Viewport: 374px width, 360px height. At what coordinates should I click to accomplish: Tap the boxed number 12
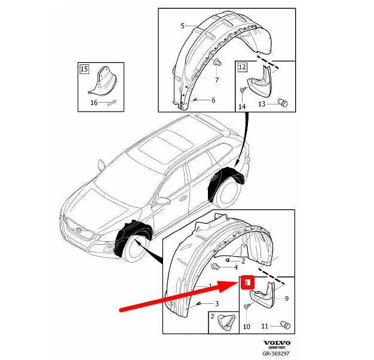coord(241,67)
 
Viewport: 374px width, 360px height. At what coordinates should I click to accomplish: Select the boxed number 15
coord(84,69)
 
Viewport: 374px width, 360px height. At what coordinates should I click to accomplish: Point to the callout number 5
coord(183,26)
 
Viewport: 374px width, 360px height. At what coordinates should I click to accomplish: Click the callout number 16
coord(94,103)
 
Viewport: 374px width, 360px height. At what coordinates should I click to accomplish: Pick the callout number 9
coord(287,299)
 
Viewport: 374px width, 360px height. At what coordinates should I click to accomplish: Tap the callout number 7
coord(216,79)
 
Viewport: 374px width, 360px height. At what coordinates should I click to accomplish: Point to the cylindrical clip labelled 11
coord(285,325)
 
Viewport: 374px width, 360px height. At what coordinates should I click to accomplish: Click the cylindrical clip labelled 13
coord(283,104)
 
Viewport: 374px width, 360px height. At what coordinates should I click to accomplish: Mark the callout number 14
coord(242,106)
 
